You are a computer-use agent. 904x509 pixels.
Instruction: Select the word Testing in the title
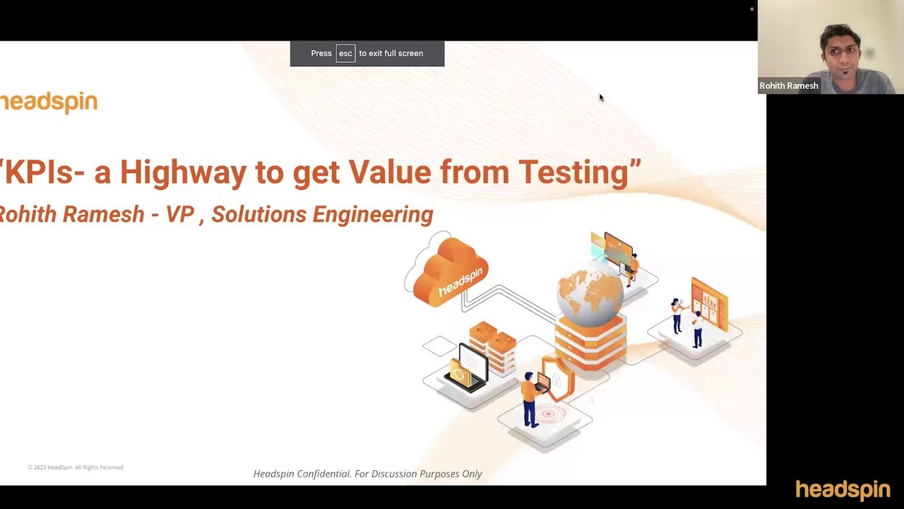pyautogui.click(x=574, y=172)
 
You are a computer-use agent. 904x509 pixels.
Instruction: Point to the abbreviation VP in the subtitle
pyautogui.click(x=179, y=215)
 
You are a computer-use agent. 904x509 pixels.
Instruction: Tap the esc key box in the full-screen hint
pyautogui.click(x=345, y=54)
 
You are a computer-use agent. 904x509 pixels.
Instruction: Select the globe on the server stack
pyautogui.click(x=590, y=290)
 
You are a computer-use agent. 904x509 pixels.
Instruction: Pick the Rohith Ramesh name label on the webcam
pyautogui.click(x=789, y=86)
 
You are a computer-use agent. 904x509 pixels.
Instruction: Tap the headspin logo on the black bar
pyautogui.click(x=843, y=489)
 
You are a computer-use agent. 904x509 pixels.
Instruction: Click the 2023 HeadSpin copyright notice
pyautogui.click(x=76, y=467)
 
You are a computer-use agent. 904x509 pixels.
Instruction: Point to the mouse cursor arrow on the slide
pyautogui.click(x=600, y=98)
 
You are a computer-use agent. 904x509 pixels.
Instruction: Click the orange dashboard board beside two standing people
pyautogui.click(x=709, y=304)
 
